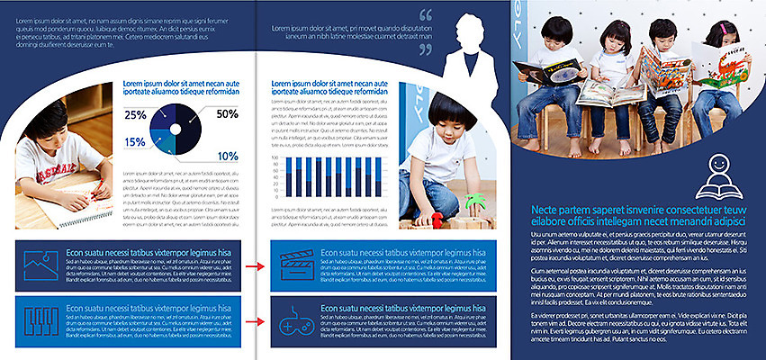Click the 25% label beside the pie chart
(x=135, y=114)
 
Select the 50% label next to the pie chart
(x=227, y=113)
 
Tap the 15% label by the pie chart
(x=135, y=142)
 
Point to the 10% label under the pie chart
(x=228, y=156)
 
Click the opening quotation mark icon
(x=426, y=14)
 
